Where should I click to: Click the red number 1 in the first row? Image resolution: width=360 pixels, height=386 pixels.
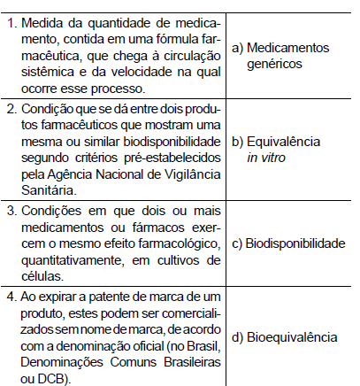tap(10, 19)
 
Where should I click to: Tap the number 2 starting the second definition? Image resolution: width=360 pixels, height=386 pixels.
tap(10, 109)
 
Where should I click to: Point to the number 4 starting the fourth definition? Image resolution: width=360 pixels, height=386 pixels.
tap(10, 295)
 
